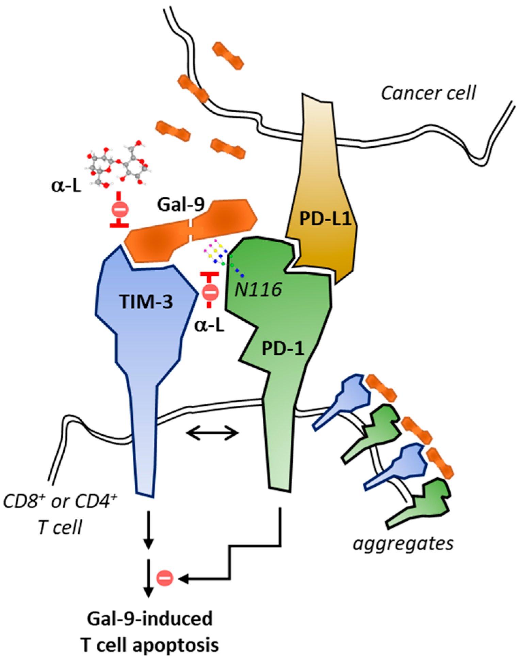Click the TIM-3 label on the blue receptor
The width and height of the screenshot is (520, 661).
pyautogui.click(x=146, y=302)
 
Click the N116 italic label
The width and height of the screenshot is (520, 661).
pyautogui.click(x=259, y=290)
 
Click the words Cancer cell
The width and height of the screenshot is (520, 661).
pyautogui.click(x=428, y=93)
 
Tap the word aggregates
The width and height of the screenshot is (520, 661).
pyautogui.click(x=403, y=543)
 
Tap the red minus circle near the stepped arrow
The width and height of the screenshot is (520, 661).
pyautogui.click(x=165, y=578)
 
